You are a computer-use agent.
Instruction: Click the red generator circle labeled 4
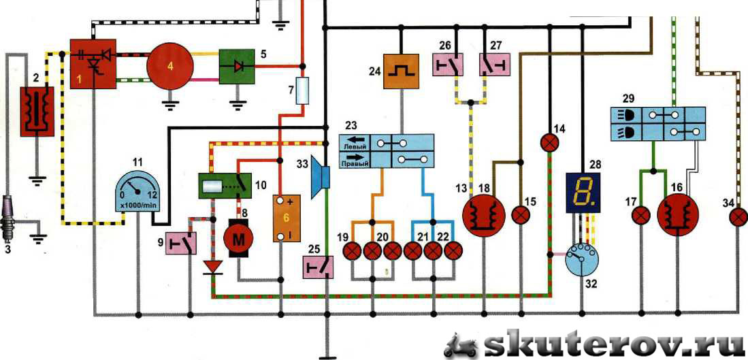(x=171, y=66)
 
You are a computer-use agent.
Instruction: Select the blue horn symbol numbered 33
(x=321, y=173)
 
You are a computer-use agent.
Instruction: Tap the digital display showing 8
(x=583, y=193)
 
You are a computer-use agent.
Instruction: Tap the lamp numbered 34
(x=737, y=217)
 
